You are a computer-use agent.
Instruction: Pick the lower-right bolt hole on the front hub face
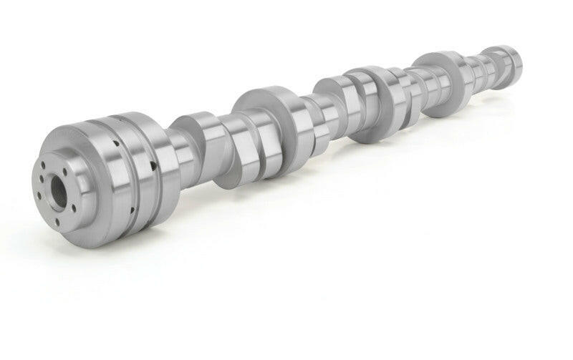72,210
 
